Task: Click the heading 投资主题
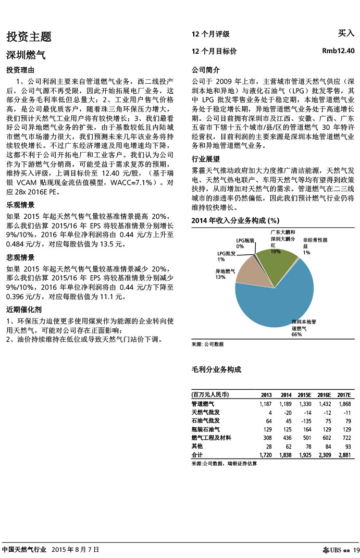(29, 36)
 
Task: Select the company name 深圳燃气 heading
(26, 55)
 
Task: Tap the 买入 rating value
(346, 33)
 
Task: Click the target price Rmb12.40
(338, 51)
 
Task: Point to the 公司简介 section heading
(206, 70)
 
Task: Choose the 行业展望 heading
(206, 159)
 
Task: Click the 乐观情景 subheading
(20, 205)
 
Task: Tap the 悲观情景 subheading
(20, 257)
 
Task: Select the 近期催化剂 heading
(24, 309)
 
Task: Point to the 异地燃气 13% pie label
(226, 274)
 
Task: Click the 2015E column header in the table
(304, 394)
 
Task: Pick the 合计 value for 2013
(265, 455)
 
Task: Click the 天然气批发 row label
(206, 412)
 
